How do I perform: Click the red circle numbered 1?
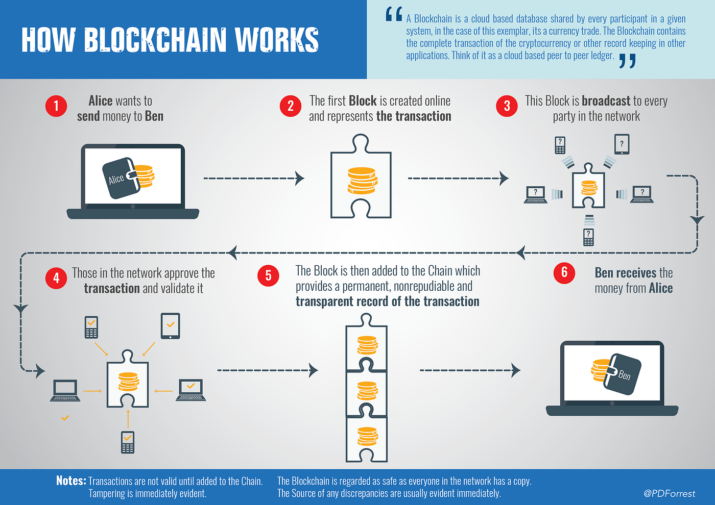56,106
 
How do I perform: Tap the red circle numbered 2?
291,106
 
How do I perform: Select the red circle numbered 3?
507,106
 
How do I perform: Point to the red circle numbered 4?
56,278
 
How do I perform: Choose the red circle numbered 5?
268,276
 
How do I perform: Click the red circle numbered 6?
564,272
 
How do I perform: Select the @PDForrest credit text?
669,493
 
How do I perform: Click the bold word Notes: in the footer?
71,481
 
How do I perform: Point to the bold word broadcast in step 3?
606,101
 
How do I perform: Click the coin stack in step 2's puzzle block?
362,181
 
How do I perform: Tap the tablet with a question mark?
622,144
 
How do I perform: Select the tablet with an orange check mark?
170,325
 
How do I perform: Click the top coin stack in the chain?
367,345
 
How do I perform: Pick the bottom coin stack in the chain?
367,436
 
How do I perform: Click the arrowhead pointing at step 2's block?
300,178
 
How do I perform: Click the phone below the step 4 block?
128,442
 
